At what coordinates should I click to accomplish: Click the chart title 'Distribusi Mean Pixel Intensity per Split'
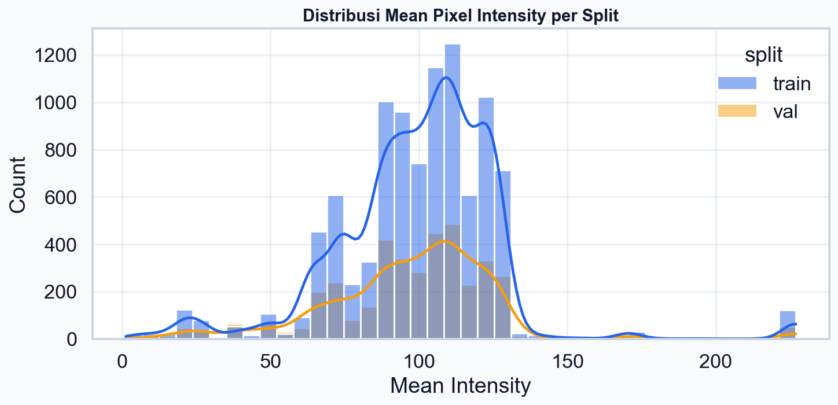point(461,16)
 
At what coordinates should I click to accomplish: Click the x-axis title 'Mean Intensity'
point(460,385)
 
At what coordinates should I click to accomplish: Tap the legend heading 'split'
point(763,55)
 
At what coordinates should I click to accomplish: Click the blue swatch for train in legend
point(737,83)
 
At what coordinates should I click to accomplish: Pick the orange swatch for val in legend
point(737,111)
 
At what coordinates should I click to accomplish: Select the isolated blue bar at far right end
point(787,324)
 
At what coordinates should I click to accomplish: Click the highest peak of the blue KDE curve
point(445,78)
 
